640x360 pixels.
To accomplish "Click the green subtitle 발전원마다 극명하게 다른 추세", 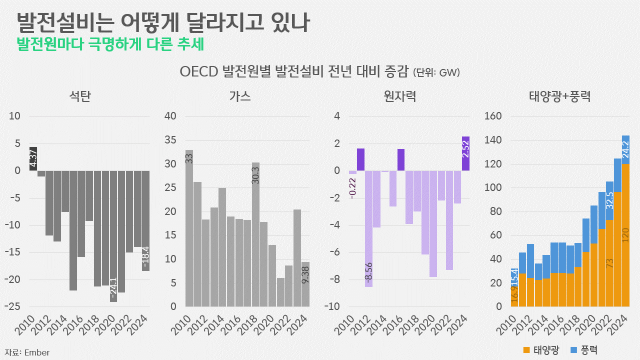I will (x=110, y=44).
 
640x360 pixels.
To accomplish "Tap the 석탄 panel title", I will (x=80, y=96).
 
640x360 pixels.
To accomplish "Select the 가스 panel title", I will (x=240, y=96).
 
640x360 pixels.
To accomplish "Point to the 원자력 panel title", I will (x=400, y=96).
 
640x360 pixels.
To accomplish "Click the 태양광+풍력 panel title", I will (x=560, y=96).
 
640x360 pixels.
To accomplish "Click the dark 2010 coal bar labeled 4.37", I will (x=33, y=158).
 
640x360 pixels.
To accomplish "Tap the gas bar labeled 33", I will (x=189, y=228).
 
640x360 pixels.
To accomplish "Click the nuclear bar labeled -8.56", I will (x=368, y=228).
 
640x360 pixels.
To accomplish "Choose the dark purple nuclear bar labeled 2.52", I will (x=465, y=153).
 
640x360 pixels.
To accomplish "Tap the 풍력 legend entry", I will (x=584, y=350).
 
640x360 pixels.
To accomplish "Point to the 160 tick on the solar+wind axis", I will (x=492, y=116).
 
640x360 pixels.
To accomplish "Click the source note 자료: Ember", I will (x=27, y=352).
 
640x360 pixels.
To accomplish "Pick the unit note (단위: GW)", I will (x=436, y=72).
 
